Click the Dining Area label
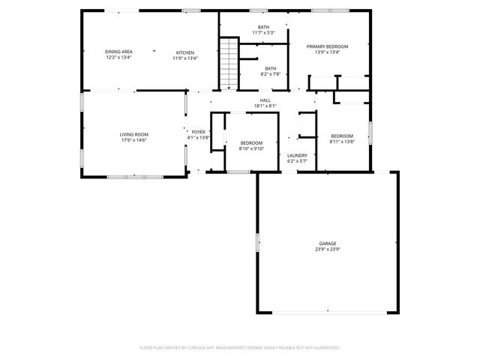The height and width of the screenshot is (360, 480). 118,51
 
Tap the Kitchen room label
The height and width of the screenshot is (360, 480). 185,51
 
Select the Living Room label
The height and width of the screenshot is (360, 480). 133,134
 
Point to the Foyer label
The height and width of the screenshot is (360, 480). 198,132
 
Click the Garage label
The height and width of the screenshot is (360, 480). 327,243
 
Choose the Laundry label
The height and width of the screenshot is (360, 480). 298,155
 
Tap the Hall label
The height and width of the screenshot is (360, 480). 265,100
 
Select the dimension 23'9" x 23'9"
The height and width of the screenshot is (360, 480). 327,249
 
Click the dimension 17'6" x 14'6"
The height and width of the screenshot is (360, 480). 133,140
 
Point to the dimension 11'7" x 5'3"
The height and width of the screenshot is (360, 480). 263,33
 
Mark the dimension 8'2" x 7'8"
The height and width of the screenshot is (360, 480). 270,74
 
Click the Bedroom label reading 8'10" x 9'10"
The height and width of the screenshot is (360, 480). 251,142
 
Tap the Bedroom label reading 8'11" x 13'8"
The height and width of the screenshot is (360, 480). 342,136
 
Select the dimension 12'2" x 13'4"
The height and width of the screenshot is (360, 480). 118,58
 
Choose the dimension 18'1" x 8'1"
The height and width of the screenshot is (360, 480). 265,106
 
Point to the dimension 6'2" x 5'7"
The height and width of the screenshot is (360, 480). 298,161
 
